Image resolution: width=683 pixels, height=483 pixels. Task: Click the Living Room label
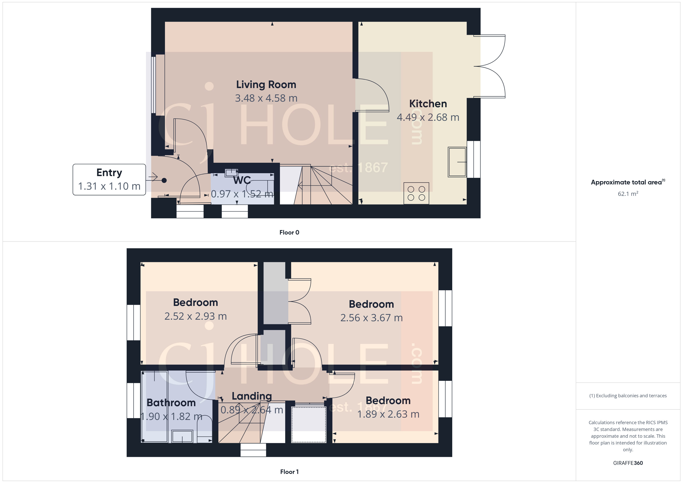(x=266, y=85)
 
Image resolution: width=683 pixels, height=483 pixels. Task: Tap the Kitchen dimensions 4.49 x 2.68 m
(x=428, y=117)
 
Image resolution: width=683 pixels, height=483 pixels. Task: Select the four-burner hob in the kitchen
(x=416, y=193)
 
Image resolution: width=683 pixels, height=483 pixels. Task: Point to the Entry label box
(x=109, y=179)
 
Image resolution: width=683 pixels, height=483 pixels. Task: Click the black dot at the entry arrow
(x=164, y=180)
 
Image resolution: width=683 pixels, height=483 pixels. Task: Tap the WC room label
(x=242, y=180)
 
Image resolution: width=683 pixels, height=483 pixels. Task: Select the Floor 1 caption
(x=289, y=472)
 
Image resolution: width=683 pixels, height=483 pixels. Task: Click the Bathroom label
(x=171, y=403)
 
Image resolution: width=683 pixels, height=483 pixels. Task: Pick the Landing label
(x=252, y=396)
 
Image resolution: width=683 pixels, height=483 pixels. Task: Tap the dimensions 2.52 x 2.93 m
(x=196, y=316)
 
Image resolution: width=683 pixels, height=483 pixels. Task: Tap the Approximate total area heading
(x=626, y=182)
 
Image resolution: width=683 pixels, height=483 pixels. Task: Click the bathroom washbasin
(x=182, y=437)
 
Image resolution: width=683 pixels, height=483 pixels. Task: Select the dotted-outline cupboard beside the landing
(x=308, y=424)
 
